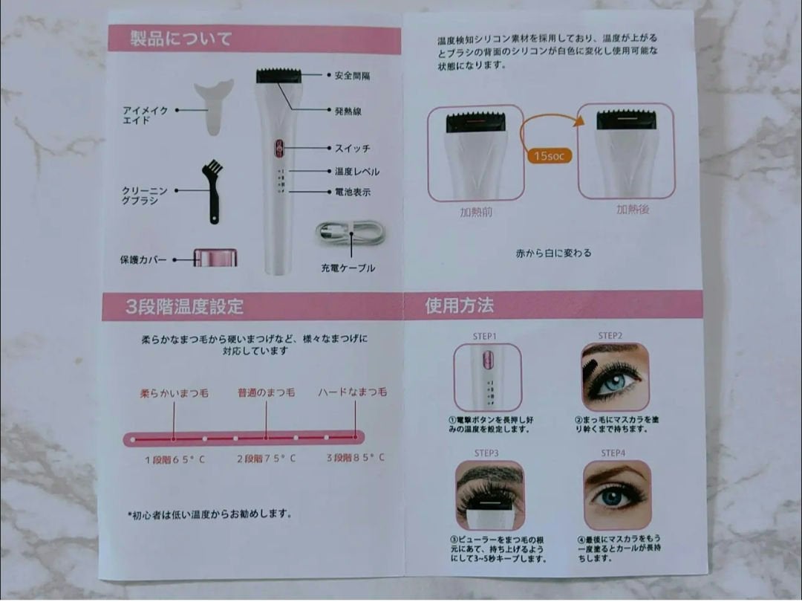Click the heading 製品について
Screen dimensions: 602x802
pyautogui.click(x=181, y=39)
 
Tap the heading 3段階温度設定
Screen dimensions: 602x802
pyautogui.click(x=184, y=306)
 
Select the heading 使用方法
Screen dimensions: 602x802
pyautogui.click(x=459, y=305)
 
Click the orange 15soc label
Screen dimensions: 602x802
pyautogui.click(x=550, y=156)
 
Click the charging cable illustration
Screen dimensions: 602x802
pyautogui.click(x=350, y=233)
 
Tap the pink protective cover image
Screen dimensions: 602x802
pyautogui.click(x=215, y=259)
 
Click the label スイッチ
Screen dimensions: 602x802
pyautogui.click(x=352, y=149)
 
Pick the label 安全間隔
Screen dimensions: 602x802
pyautogui.click(x=352, y=76)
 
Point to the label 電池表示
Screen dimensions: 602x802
pyautogui.click(x=352, y=192)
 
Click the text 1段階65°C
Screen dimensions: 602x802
pyautogui.click(x=175, y=459)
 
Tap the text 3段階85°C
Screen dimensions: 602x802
pyautogui.click(x=355, y=458)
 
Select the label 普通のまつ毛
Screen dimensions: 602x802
pyautogui.click(x=266, y=392)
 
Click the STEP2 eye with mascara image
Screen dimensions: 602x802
pyautogui.click(x=614, y=377)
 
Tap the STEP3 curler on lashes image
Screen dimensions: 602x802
pyautogui.click(x=489, y=495)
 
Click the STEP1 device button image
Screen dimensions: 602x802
pyautogui.click(x=487, y=377)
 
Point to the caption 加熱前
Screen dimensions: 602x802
pyautogui.click(x=475, y=212)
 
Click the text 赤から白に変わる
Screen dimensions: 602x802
pyautogui.click(x=553, y=253)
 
